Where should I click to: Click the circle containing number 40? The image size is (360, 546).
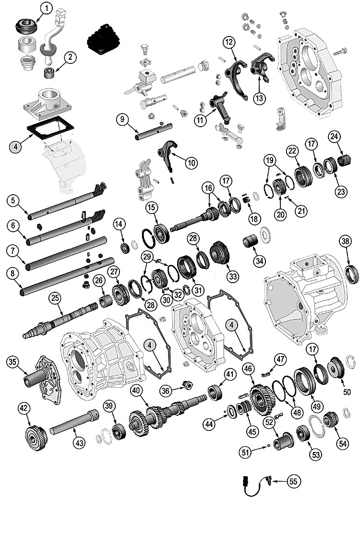click(137, 391)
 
